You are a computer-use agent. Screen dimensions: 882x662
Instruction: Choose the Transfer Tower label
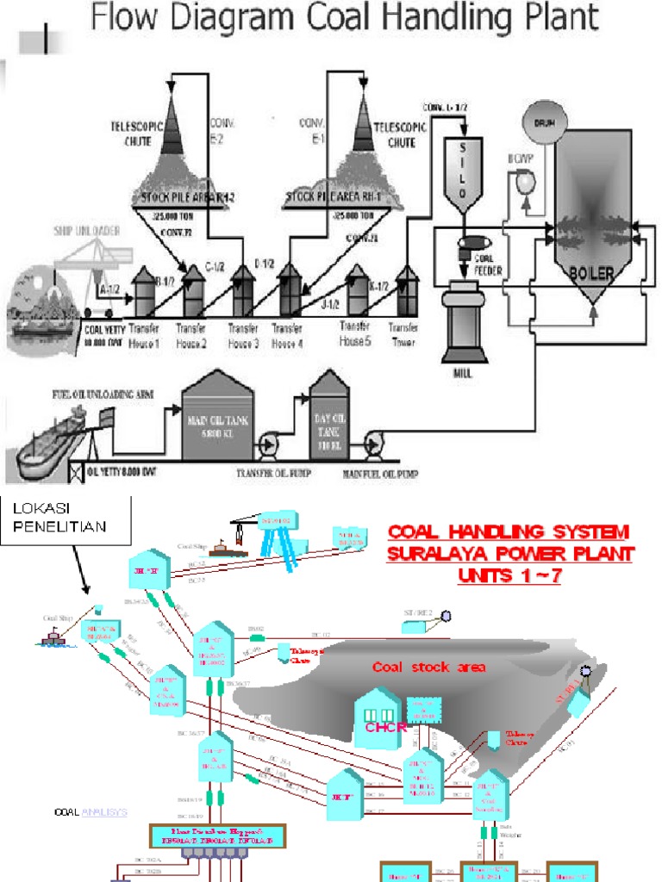pyautogui.click(x=403, y=335)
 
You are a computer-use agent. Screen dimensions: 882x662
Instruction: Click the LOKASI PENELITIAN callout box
pyautogui.click(x=67, y=520)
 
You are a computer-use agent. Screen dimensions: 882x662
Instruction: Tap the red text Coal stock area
pyautogui.click(x=428, y=667)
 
